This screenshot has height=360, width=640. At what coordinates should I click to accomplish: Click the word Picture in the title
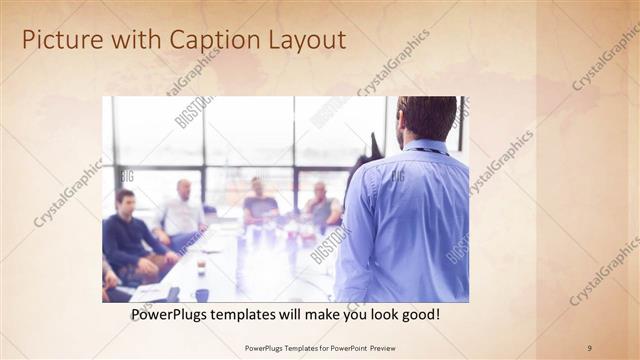[x=59, y=40]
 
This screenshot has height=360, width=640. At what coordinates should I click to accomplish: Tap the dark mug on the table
[x=202, y=294]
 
